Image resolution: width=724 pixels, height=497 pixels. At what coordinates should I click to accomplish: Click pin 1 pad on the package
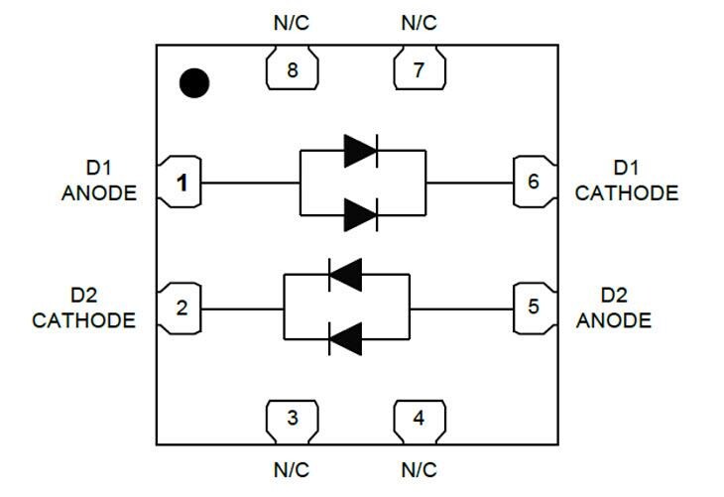pos(180,183)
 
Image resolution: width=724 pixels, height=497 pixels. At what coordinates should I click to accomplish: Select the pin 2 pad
pos(180,308)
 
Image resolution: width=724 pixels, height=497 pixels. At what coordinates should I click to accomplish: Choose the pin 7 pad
pos(419,70)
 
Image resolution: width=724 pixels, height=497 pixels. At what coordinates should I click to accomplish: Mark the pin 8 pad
pos(292,70)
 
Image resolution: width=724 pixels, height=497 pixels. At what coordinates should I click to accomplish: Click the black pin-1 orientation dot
pos(194,84)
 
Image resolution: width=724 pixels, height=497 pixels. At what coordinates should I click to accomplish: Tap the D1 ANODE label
pos(99,183)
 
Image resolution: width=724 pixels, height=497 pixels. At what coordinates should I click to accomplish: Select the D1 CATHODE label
pos(627,182)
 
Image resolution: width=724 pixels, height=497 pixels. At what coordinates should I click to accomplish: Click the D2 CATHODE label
pos(84,309)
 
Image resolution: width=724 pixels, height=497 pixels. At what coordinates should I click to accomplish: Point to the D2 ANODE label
pos(614,309)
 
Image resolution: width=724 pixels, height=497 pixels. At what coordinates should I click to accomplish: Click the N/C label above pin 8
pos(292,23)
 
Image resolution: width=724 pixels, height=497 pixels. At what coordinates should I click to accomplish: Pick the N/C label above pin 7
pos(419,23)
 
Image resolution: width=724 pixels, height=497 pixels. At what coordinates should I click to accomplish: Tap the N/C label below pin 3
pos(292,468)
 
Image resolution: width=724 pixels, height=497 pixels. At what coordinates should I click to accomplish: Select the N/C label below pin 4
pos(419,468)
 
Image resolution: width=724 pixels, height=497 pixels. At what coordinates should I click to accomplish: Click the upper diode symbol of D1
pos(361,151)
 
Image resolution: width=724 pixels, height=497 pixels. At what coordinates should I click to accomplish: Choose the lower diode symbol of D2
pos(345,339)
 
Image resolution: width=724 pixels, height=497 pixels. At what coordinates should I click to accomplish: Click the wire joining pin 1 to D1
pos(248,183)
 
